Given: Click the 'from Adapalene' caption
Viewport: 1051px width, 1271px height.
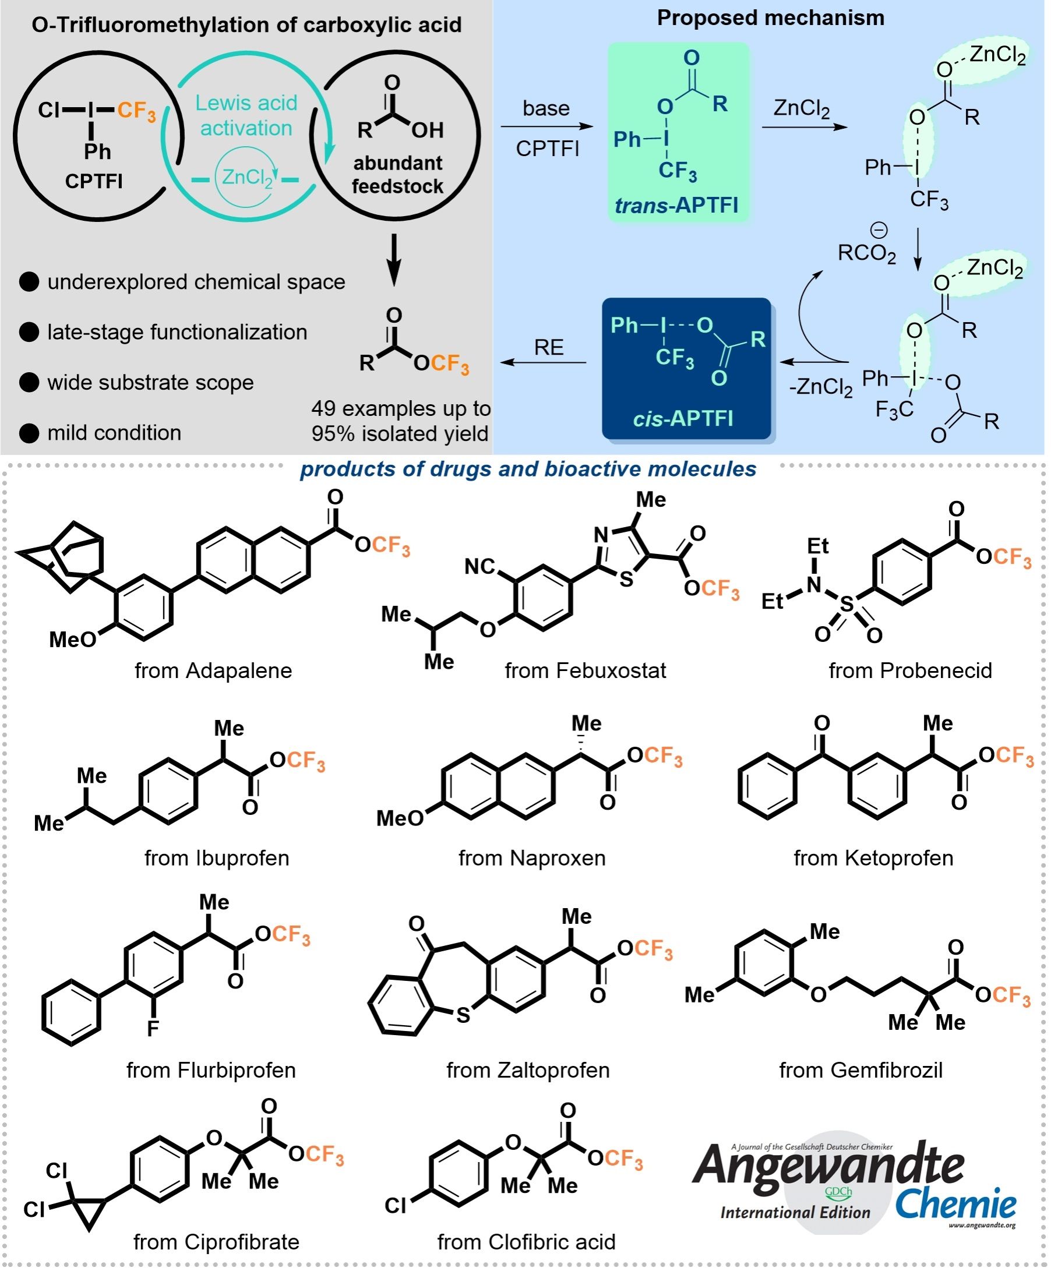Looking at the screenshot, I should coord(213,670).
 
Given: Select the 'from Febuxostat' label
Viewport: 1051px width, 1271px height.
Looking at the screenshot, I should coord(586,670).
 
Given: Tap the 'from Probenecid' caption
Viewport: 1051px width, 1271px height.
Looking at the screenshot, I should coord(911,670).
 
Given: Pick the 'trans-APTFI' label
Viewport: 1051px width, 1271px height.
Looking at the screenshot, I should coord(676,206).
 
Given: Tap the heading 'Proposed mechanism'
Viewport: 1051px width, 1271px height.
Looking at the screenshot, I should coord(771,18).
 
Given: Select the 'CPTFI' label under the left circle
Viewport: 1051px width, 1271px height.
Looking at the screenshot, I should coord(94,181).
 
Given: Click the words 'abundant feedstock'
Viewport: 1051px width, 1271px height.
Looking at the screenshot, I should coord(398,175).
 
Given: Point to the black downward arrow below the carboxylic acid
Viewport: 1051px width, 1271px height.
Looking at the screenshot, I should coord(394,260).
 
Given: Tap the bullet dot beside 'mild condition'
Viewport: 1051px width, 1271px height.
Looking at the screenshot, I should coord(29,433).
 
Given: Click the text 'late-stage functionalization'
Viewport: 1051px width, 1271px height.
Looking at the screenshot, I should coord(177,332).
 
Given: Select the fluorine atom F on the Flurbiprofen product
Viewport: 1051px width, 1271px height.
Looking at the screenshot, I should coord(153,1028).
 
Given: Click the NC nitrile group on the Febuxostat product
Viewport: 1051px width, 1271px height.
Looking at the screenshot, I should coord(480,567).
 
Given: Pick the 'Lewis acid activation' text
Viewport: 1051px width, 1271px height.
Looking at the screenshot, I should coord(246,115).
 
